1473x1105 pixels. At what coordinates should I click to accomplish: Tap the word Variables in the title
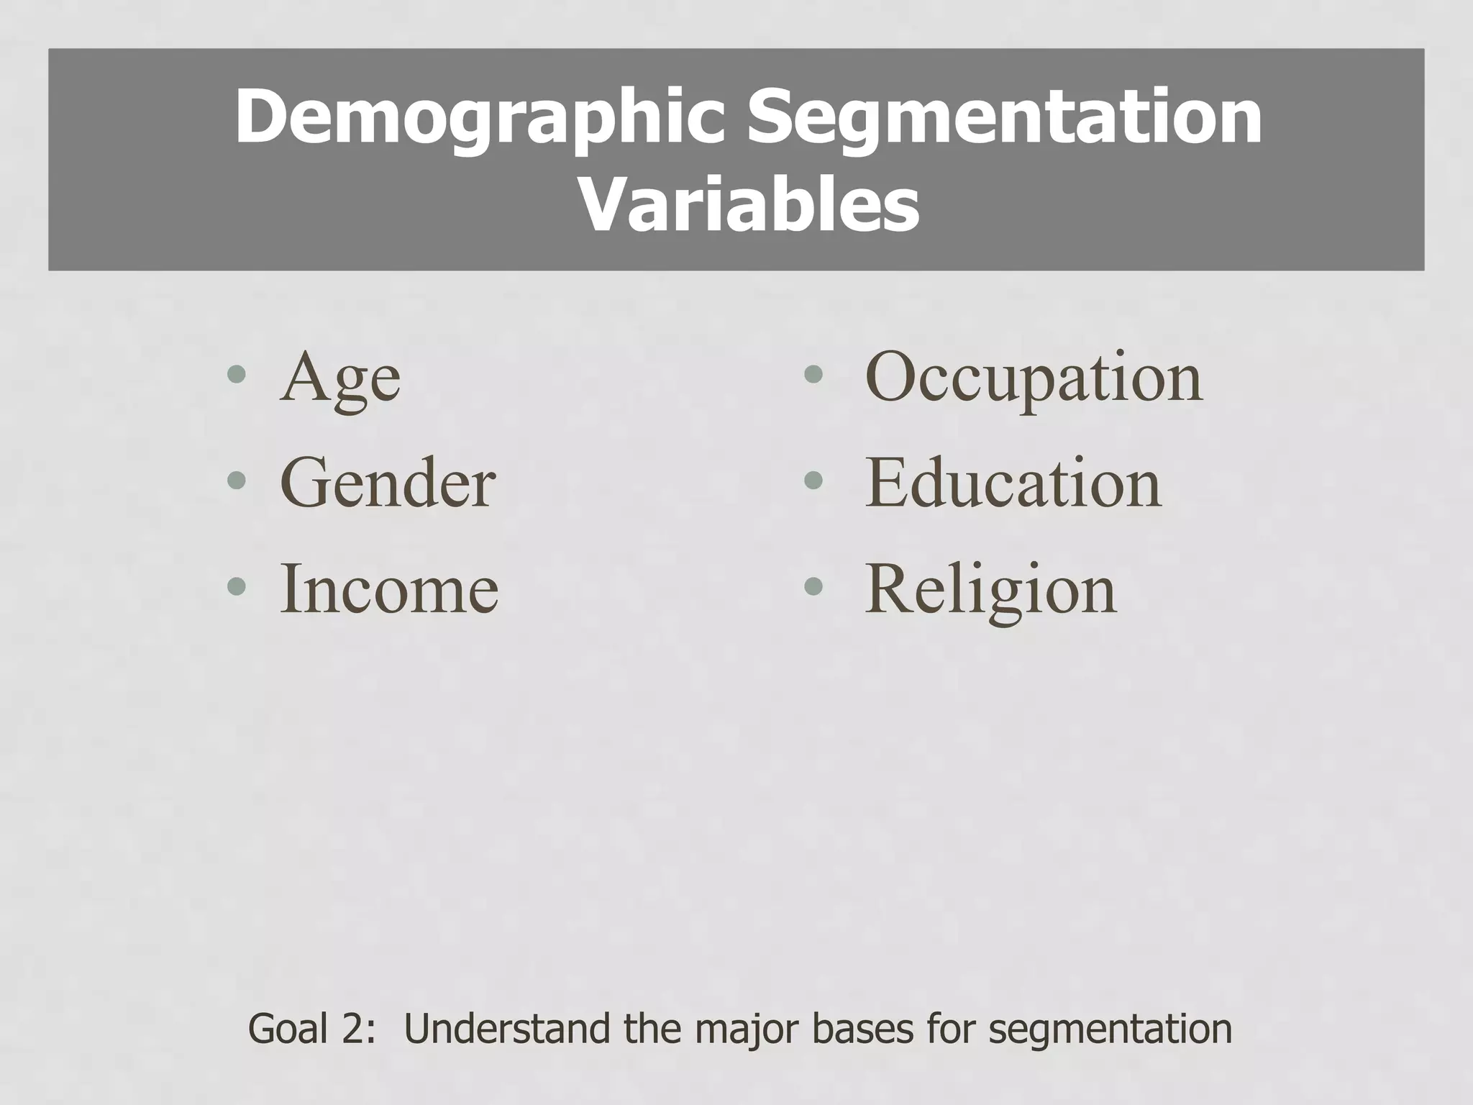(x=748, y=207)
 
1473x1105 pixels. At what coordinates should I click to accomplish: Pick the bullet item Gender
(x=388, y=483)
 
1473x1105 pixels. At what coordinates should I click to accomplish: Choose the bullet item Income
(x=388, y=589)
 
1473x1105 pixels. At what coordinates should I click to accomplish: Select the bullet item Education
(x=1013, y=483)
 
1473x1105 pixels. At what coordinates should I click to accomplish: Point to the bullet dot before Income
(x=237, y=586)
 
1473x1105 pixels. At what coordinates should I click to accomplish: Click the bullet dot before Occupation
(x=813, y=374)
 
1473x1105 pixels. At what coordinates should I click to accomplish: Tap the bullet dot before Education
(x=813, y=480)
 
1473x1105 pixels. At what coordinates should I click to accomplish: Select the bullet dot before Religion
(x=813, y=586)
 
